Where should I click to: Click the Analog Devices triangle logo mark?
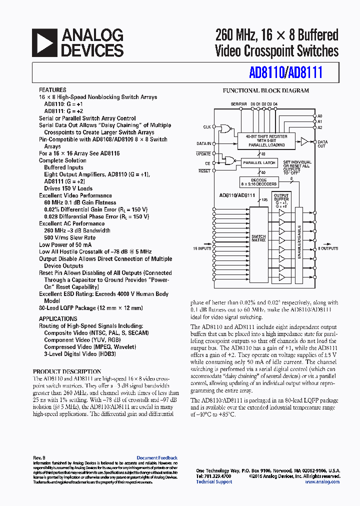(x=44, y=42)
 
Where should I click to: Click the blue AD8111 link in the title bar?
(x=306, y=73)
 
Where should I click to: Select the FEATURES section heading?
(x=52, y=90)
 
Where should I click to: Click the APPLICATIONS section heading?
(x=58, y=318)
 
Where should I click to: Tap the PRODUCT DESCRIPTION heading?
(x=67, y=371)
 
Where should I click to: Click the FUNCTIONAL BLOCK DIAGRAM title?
(x=265, y=91)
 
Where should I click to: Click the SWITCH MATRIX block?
(x=258, y=238)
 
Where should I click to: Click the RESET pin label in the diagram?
(x=204, y=171)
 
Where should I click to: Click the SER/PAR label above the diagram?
(x=238, y=103)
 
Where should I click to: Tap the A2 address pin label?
(x=320, y=127)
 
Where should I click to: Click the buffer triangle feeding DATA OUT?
(x=304, y=142)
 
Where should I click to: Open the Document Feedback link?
(x=157, y=458)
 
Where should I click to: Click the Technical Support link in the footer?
(x=213, y=482)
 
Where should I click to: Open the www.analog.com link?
(x=322, y=482)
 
